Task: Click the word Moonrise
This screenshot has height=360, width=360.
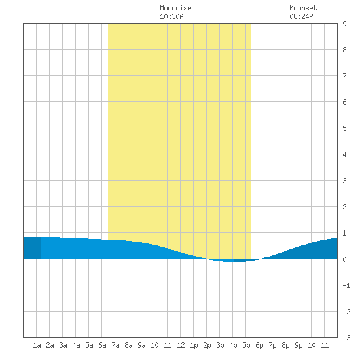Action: click(x=175, y=8)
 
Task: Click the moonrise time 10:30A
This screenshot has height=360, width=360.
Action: click(x=171, y=16)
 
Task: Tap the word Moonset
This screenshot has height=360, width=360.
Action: click(x=303, y=8)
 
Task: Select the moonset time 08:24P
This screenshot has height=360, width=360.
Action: click(x=301, y=16)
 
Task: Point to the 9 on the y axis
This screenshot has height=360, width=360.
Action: click(x=344, y=24)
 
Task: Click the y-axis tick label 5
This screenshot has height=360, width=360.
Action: click(x=344, y=128)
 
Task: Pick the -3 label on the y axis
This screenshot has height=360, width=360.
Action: click(x=346, y=338)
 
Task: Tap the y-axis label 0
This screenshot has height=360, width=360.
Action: click(x=344, y=259)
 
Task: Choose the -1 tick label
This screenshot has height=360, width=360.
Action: click(x=346, y=285)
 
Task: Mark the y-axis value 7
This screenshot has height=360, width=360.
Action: click(x=344, y=76)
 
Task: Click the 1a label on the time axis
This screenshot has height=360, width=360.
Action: click(x=37, y=345)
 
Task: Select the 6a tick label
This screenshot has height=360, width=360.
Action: click(x=102, y=345)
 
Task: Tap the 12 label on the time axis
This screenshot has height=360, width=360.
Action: click(x=181, y=345)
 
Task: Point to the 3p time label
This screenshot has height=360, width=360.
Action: click(x=220, y=345)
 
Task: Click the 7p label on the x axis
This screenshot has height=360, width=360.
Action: click(x=272, y=345)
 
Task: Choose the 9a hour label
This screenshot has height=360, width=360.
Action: click(x=141, y=345)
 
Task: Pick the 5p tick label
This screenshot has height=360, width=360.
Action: click(x=246, y=345)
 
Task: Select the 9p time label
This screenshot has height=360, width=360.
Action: click(x=298, y=345)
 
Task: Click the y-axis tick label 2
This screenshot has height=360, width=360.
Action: click(x=344, y=207)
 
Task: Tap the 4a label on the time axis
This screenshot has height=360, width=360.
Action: click(x=76, y=345)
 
